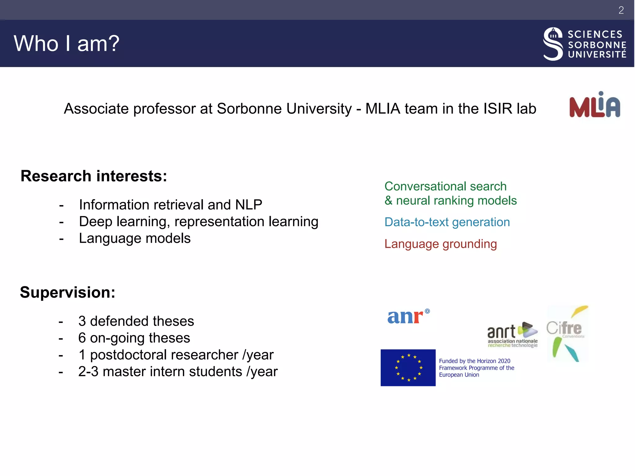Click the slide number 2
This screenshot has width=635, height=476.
pyautogui.click(x=621, y=10)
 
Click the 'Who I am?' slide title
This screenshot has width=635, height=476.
pyautogui.click(x=66, y=43)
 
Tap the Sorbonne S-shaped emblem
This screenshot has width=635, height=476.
pyautogui.click(x=553, y=44)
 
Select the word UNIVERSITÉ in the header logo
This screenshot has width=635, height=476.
pyautogui.click(x=597, y=55)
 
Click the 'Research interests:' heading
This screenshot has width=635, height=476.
pyautogui.click(x=94, y=176)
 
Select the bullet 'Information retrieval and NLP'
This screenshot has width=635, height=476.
pyautogui.click(x=170, y=205)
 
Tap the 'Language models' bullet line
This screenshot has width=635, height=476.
pyautogui.click(x=135, y=238)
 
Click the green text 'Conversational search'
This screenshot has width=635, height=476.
pyautogui.click(x=445, y=186)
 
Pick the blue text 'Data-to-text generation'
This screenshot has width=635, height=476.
pyautogui.click(x=447, y=222)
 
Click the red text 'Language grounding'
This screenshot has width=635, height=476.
pyautogui.click(x=440, y=244)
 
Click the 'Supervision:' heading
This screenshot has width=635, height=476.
pyautogui.click(x=68, y=292)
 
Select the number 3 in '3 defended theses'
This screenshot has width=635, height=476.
pyautogui.click(x=82, y=321)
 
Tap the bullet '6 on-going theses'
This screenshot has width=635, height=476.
pyautogui.click(x=134, y=338)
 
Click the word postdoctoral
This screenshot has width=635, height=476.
pyautogui.click(x=164, y=355)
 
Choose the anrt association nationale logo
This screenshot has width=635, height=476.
pyautogui.click(x=512, y=335)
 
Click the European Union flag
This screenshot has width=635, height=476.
pyautogui.click(x=408, y=368)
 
